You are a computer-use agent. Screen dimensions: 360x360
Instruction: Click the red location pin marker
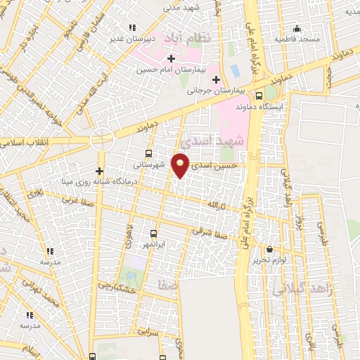click(x=181, y=165)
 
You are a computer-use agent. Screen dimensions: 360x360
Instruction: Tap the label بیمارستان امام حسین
click(x=166, y=70)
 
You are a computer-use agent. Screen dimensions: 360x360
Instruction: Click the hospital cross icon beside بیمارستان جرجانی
click(x=216, y=79)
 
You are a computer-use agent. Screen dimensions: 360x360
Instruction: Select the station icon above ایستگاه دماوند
click(x=259, y=96)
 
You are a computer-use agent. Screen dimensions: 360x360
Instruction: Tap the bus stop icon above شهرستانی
click(x=148, y=153)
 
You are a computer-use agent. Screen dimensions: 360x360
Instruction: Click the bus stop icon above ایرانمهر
click(x=154, y=233)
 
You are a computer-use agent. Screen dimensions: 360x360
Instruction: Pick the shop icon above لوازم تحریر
click(x=270, y=248)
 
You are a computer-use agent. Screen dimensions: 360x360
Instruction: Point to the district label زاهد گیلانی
click(x=295, y=288)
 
